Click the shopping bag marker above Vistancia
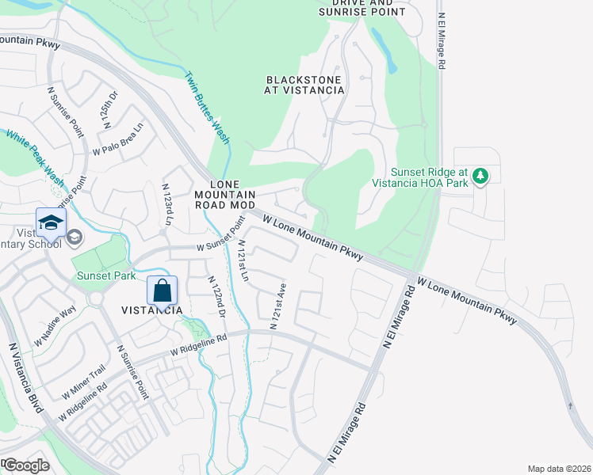point(162,291)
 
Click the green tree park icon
point(480,177)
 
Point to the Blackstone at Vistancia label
point(304,85)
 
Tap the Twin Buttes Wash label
point(207,108)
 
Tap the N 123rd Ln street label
point(167,203)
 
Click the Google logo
point(26,465)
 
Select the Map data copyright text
point(559,469)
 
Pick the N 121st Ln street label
point(243,262)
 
